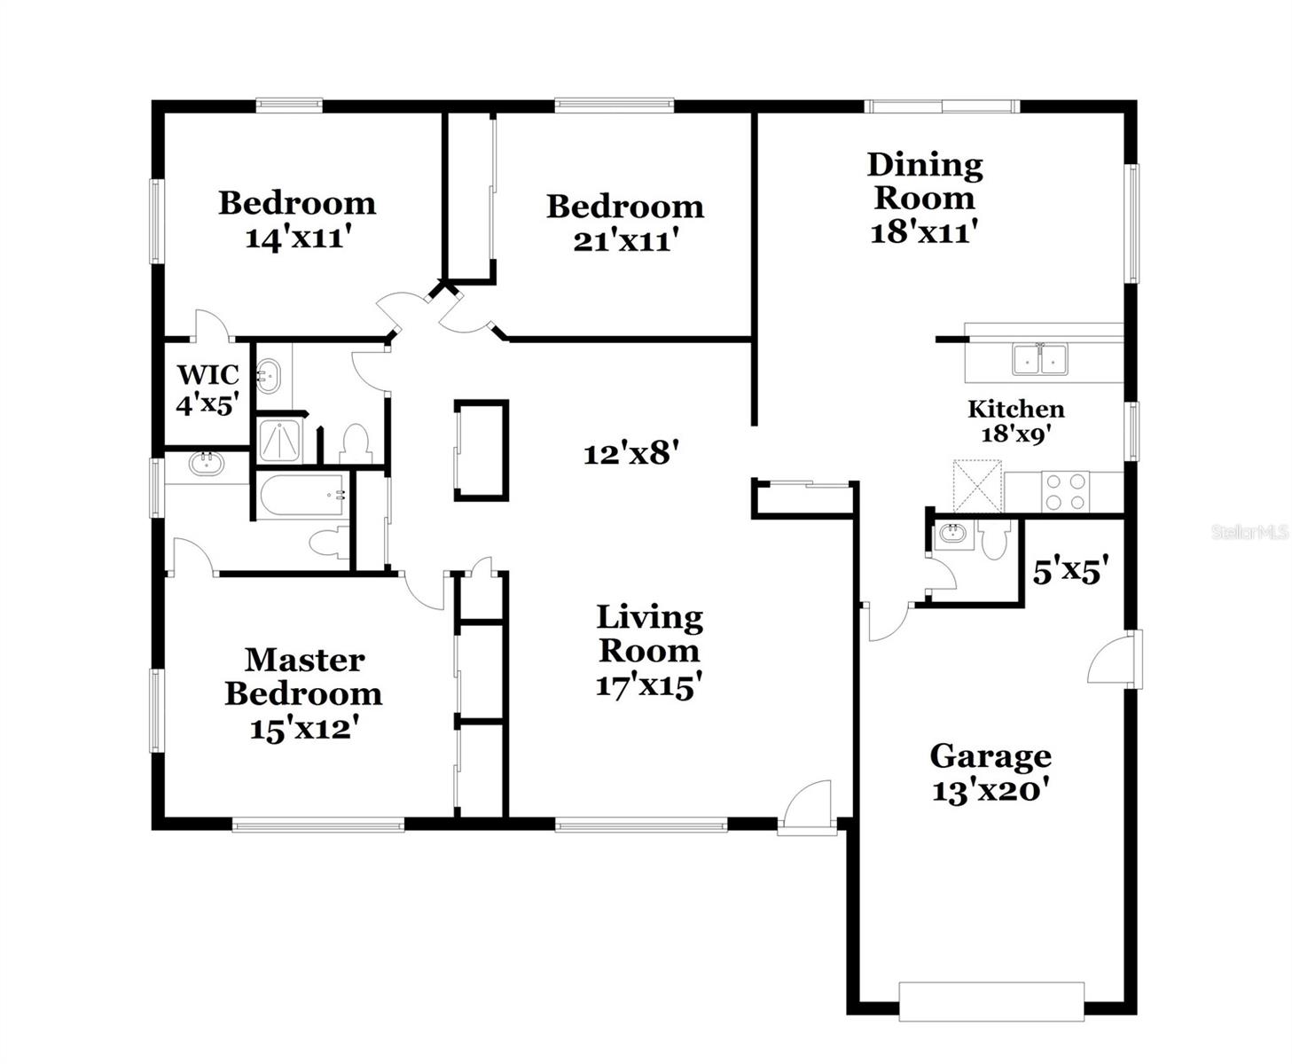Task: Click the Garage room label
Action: tap(990, 756)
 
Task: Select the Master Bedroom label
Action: tap(303, 677)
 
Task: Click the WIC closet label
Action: tap(208, 374)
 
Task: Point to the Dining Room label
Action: tap(924, 181)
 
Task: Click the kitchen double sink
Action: tap(1040, 360)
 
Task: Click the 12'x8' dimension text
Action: tap(630, 454)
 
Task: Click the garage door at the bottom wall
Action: tap(991, 1002)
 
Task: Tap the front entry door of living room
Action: tap(807, 809)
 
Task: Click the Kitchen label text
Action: tap(1015, 410)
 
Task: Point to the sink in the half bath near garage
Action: tap(952, 534)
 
